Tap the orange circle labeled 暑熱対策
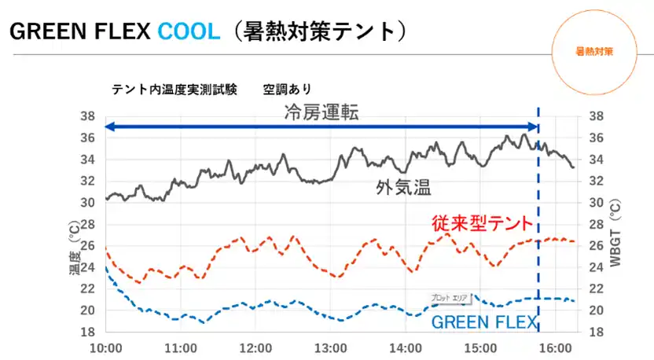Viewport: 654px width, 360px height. pos(594,51)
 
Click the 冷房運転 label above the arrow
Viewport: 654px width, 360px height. pos(321,113)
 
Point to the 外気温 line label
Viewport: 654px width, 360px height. pos(403,187)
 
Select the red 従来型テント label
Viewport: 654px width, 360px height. pos(480,223)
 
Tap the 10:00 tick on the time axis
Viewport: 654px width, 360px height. pos(106,347)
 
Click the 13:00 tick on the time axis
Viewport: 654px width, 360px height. pos(330,347)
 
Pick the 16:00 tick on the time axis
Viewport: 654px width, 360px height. pos(554,347)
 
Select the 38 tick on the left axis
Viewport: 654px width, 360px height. pos(88,116)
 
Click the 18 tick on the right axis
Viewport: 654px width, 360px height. pos(596,332)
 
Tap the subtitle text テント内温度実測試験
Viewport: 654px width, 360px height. pos(175,89)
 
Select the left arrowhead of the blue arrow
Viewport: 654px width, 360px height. pos(110,127)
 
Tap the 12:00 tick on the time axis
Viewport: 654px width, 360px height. pos(255,347)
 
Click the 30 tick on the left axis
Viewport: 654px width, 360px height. pos(88,203)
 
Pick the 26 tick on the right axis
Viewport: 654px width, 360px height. pos(596,245)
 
